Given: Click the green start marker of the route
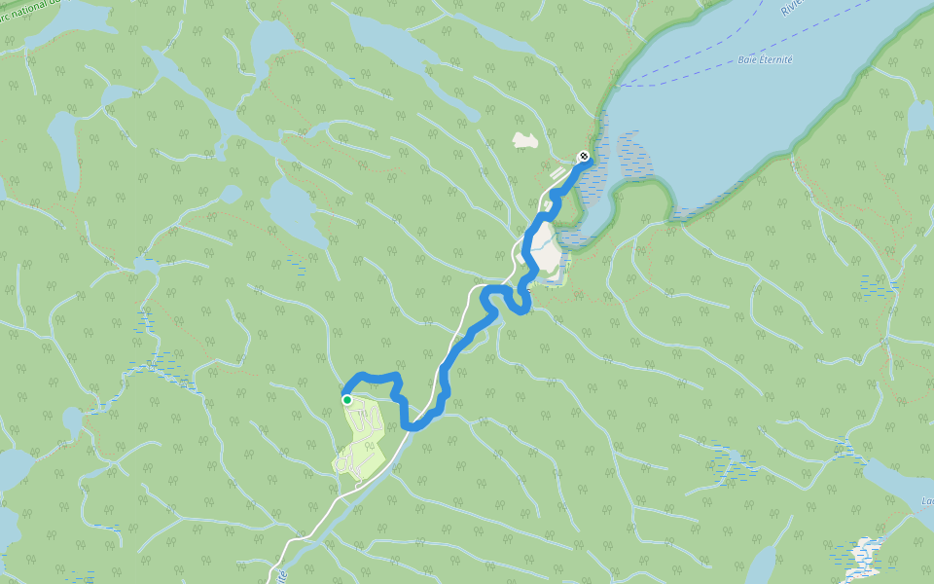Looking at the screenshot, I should click(x=346, y=399).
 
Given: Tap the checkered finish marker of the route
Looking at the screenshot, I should click(x=583, y=156).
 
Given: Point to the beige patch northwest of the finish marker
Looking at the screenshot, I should click(x=525, y=141).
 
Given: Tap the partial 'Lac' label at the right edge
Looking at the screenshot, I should click(x=926, y=502).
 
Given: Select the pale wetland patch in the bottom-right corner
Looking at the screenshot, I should click(x=863, y=555).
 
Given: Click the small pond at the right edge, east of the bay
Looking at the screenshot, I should click(x=919, y=116).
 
